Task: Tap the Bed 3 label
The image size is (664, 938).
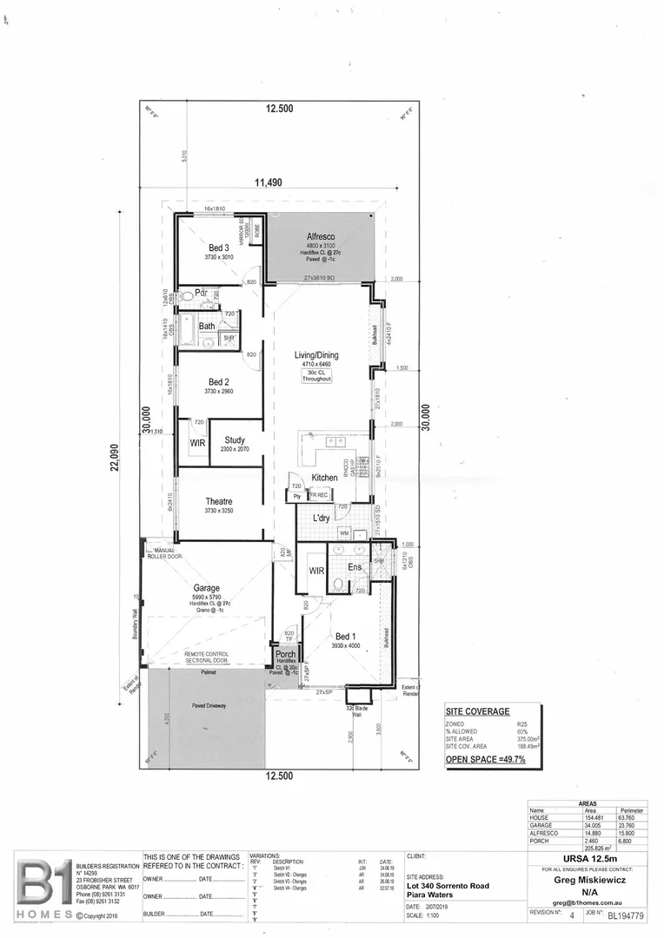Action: (x=219, y=248)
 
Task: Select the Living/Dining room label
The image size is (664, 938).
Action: (x=316, y=355)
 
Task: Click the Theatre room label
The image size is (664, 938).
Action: (x=219, y=502)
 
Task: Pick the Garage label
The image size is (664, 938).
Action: (x=207, y=587)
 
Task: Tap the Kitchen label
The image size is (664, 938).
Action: (x=324, y=478)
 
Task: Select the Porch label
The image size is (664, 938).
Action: (x=285, y=654)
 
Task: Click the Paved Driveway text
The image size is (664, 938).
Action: (x=207, y=706)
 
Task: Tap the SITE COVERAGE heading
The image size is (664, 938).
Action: (x=478, y=711)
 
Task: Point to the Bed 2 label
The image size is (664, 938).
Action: (x=219, y=381)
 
